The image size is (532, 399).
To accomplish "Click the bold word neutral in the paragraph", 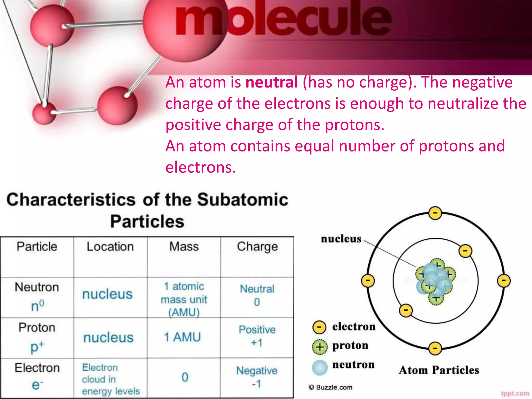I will [271, 82].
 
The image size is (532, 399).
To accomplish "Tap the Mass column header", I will [184, 247].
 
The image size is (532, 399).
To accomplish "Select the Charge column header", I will [257, 247].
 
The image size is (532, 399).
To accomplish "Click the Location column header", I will [110, 247].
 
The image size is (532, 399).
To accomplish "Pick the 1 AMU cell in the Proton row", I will [183, 337].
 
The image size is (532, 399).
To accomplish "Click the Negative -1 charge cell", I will [257, 377].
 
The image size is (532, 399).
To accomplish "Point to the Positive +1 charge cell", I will [257, 336].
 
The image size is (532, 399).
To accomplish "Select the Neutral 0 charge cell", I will [257, 295].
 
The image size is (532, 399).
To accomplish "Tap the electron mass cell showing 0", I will [185, 377].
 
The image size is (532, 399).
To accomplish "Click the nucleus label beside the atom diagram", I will [341, 239].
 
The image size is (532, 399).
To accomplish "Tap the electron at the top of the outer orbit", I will [435, 213].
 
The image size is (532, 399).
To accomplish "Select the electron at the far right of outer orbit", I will [504, 281].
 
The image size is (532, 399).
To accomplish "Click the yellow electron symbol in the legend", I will [319, 327].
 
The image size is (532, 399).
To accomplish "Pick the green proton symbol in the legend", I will [320, 347].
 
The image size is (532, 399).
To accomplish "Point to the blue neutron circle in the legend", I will [320, 368].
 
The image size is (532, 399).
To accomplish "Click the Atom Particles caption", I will [439, 370].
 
